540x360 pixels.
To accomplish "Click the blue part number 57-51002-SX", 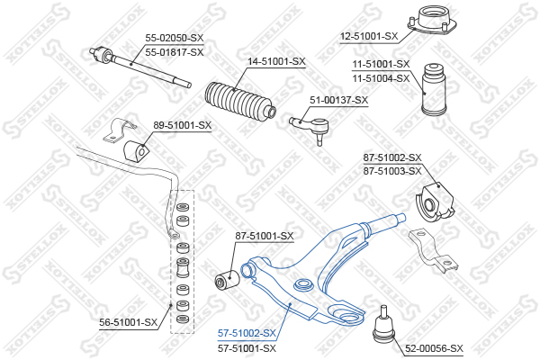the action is [247, 333].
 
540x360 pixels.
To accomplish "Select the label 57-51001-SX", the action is [247, 348].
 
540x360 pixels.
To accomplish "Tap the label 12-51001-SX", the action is [369, 36].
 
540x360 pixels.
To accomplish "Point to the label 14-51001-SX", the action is [276, 62].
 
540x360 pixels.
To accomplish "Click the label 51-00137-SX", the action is [339, 100].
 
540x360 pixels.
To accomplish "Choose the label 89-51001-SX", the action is [182, 125].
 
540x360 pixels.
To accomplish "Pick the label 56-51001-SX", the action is [128, 322].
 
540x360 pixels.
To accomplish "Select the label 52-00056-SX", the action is [434, 348].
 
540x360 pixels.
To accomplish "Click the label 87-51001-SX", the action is [265, 236].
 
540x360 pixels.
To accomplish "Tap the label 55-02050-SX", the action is [175, 38].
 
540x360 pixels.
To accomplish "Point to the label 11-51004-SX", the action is [381, 78].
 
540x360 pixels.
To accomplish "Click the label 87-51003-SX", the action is [392, 171].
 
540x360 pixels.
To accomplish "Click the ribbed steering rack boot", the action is [240, 102].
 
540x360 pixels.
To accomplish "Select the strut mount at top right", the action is [432, 22].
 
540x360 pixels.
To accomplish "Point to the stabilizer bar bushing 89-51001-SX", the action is [136, 152].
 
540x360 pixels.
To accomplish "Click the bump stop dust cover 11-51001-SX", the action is [435, 89].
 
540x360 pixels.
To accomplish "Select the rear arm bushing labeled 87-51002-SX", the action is [435, 202].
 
